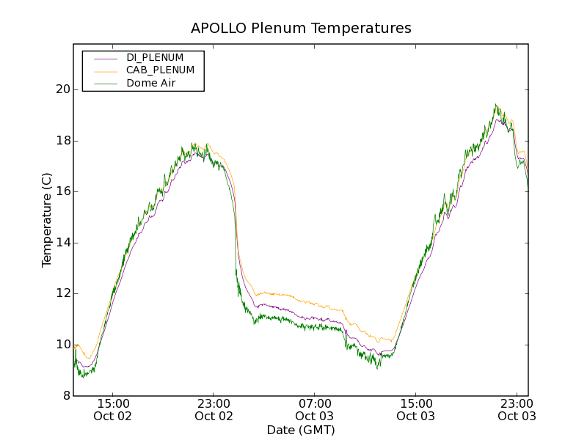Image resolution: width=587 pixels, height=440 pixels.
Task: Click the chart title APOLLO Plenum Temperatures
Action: click(301, 29)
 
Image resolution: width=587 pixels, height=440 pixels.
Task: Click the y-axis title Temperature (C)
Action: click(47, 220)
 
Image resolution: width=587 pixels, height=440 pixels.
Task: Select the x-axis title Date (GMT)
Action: click(301, 430)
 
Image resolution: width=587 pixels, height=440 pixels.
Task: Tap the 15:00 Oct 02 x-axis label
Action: click(113, 409)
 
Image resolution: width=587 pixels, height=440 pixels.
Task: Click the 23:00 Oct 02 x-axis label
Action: click(214, 409)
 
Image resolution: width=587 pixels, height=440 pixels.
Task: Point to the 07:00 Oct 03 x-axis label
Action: click(315, 409)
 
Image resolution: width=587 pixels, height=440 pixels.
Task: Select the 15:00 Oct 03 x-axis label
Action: click(415, 409)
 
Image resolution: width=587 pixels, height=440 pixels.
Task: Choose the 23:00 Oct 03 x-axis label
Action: click(517, 409)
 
